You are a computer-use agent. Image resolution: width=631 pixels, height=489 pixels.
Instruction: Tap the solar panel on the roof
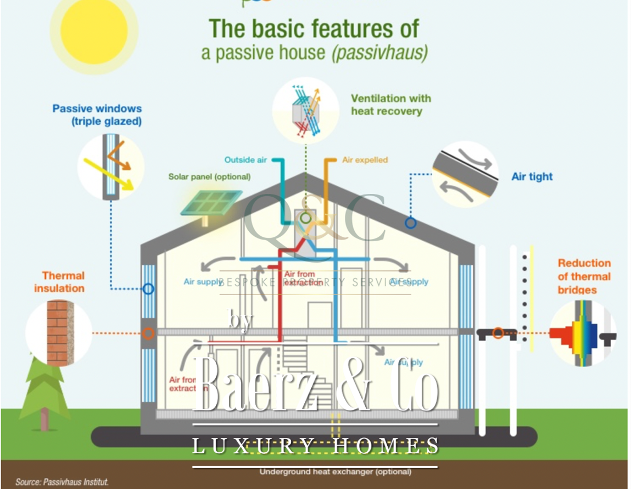(x=212, y=203)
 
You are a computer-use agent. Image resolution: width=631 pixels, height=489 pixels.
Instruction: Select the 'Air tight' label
(x=532, y=176)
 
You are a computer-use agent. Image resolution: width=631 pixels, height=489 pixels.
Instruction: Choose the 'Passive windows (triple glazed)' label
(x=97, y=115)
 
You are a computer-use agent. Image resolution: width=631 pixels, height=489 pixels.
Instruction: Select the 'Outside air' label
(x=245, y=160)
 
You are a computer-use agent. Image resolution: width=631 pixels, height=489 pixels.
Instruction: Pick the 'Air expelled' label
(x=365, y=160)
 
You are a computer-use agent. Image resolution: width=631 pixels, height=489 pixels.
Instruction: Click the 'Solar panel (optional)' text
(x=209, y=177)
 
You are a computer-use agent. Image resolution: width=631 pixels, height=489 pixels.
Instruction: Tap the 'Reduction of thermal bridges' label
(x=584, y=276)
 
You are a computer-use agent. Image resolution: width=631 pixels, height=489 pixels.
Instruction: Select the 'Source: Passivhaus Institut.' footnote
(x=62, y=482)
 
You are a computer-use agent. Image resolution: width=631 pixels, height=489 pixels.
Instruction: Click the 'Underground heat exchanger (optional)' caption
(x=335, y=471)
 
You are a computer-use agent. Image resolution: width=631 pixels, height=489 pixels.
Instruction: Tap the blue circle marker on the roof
(x=410, y=223)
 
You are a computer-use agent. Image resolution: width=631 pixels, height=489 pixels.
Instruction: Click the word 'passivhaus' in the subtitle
(x=389, y=53)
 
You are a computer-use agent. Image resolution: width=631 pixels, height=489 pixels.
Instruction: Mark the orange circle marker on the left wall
(x=148, y=333)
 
